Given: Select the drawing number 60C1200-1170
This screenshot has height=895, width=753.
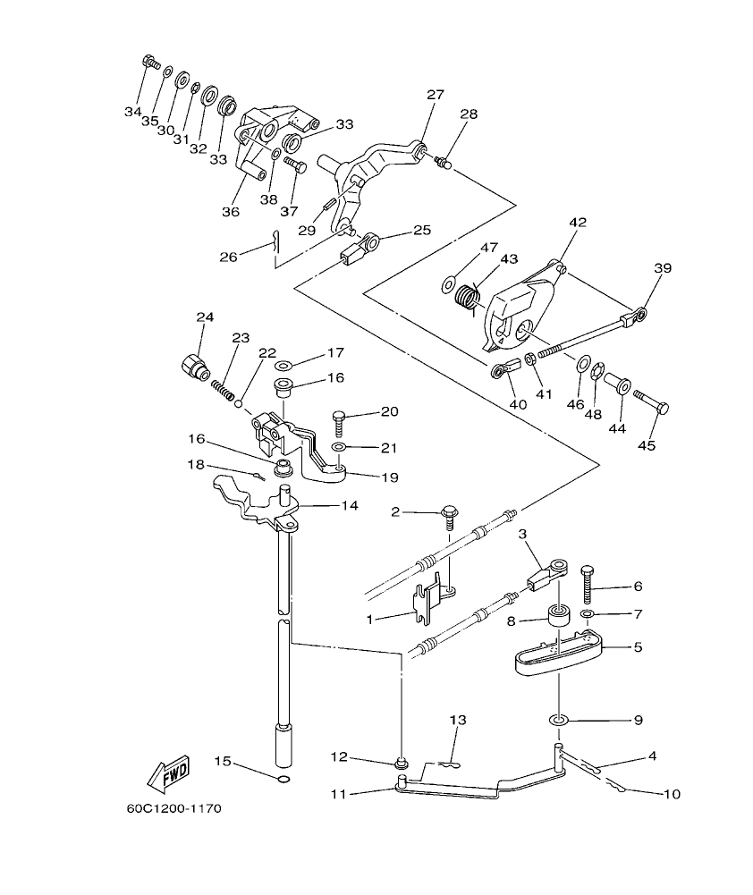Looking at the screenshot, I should pos(173,809).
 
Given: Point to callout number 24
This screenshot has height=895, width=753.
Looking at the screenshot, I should pos(205,318).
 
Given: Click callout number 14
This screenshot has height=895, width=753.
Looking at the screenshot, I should pos(349,506).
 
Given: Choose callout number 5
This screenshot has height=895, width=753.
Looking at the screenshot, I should pos(637,646).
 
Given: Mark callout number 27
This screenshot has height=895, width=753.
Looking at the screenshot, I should pos(435,96).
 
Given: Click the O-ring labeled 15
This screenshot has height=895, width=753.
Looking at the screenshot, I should pos(283,781).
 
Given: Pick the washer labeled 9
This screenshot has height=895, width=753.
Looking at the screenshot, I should pos(559,719).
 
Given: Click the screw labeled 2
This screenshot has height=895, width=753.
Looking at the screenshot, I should pos(449,517).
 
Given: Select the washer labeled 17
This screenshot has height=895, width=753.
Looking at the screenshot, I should pos(284,366).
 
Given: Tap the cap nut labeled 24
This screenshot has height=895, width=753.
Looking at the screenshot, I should pos(193,366).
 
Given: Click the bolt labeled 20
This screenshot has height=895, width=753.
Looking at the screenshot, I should pos(339,420).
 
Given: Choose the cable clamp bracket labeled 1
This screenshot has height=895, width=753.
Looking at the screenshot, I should pos(429,598).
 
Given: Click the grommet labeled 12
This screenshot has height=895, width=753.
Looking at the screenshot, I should pos(402,763).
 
